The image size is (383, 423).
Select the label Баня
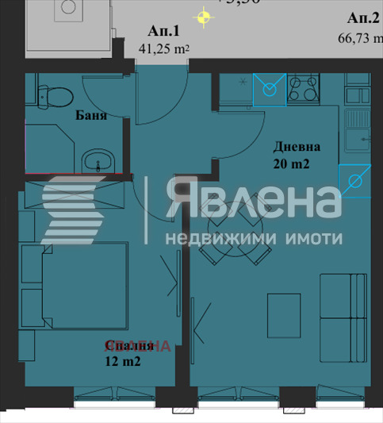[92, 115]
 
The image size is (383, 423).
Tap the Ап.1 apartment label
[164, 31]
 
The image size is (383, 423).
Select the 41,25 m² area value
[164, 48]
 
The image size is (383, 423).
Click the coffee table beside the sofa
[283, 309]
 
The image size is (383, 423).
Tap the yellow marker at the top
[205, 15]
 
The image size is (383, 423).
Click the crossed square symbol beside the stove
[269, 90]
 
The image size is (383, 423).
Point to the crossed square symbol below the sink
[354, 182]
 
